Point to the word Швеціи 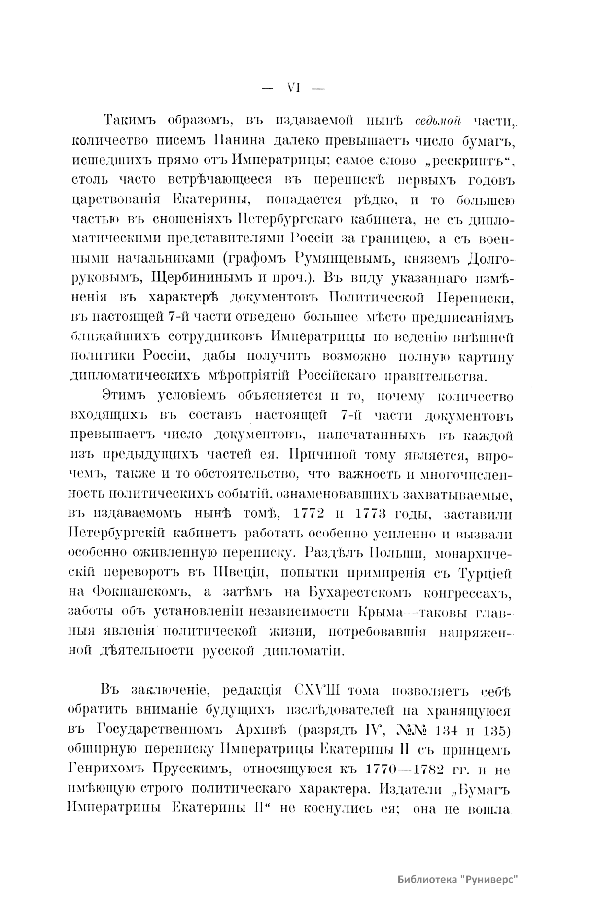(239, 573)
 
